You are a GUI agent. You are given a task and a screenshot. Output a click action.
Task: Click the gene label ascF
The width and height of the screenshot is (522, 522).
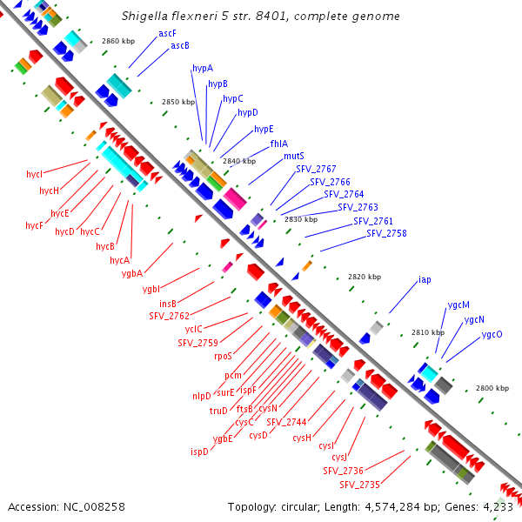click(167, 33)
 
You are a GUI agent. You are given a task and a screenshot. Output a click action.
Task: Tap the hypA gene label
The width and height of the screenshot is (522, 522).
click(202, 68)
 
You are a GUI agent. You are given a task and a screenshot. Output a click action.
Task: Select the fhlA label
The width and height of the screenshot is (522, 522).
click(279, 144)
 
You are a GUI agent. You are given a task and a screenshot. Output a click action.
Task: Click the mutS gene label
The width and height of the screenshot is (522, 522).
click(294, 156)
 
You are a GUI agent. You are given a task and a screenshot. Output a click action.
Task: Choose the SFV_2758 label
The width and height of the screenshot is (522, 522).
click(386, 233)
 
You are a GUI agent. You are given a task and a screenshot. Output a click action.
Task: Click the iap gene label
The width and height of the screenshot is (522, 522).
click(425, 279)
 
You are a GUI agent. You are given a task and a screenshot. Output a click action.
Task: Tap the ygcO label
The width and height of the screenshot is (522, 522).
click(492, 334)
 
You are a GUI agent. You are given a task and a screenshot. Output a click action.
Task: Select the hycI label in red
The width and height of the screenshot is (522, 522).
click(35, 174)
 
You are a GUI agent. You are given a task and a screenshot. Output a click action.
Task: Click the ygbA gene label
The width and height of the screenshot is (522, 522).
click(132, 273)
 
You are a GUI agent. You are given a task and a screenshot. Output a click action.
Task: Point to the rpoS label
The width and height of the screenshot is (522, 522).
click(224, 356)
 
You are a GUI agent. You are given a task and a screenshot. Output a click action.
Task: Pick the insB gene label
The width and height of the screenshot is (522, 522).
click(168, 304)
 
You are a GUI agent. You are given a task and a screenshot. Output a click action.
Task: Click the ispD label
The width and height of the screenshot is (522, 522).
click(199, 452)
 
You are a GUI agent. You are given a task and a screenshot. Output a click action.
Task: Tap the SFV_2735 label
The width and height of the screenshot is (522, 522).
click(359, 484)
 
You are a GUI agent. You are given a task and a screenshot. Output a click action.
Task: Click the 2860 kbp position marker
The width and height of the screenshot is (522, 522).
click(118, 41)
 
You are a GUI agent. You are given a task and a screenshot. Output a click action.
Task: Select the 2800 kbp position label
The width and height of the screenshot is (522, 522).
click(492, 388)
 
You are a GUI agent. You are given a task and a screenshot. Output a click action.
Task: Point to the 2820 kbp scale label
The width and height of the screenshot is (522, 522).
click(365, 277)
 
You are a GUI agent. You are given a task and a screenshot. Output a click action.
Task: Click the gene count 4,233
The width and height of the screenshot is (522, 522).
click(497, 506)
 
